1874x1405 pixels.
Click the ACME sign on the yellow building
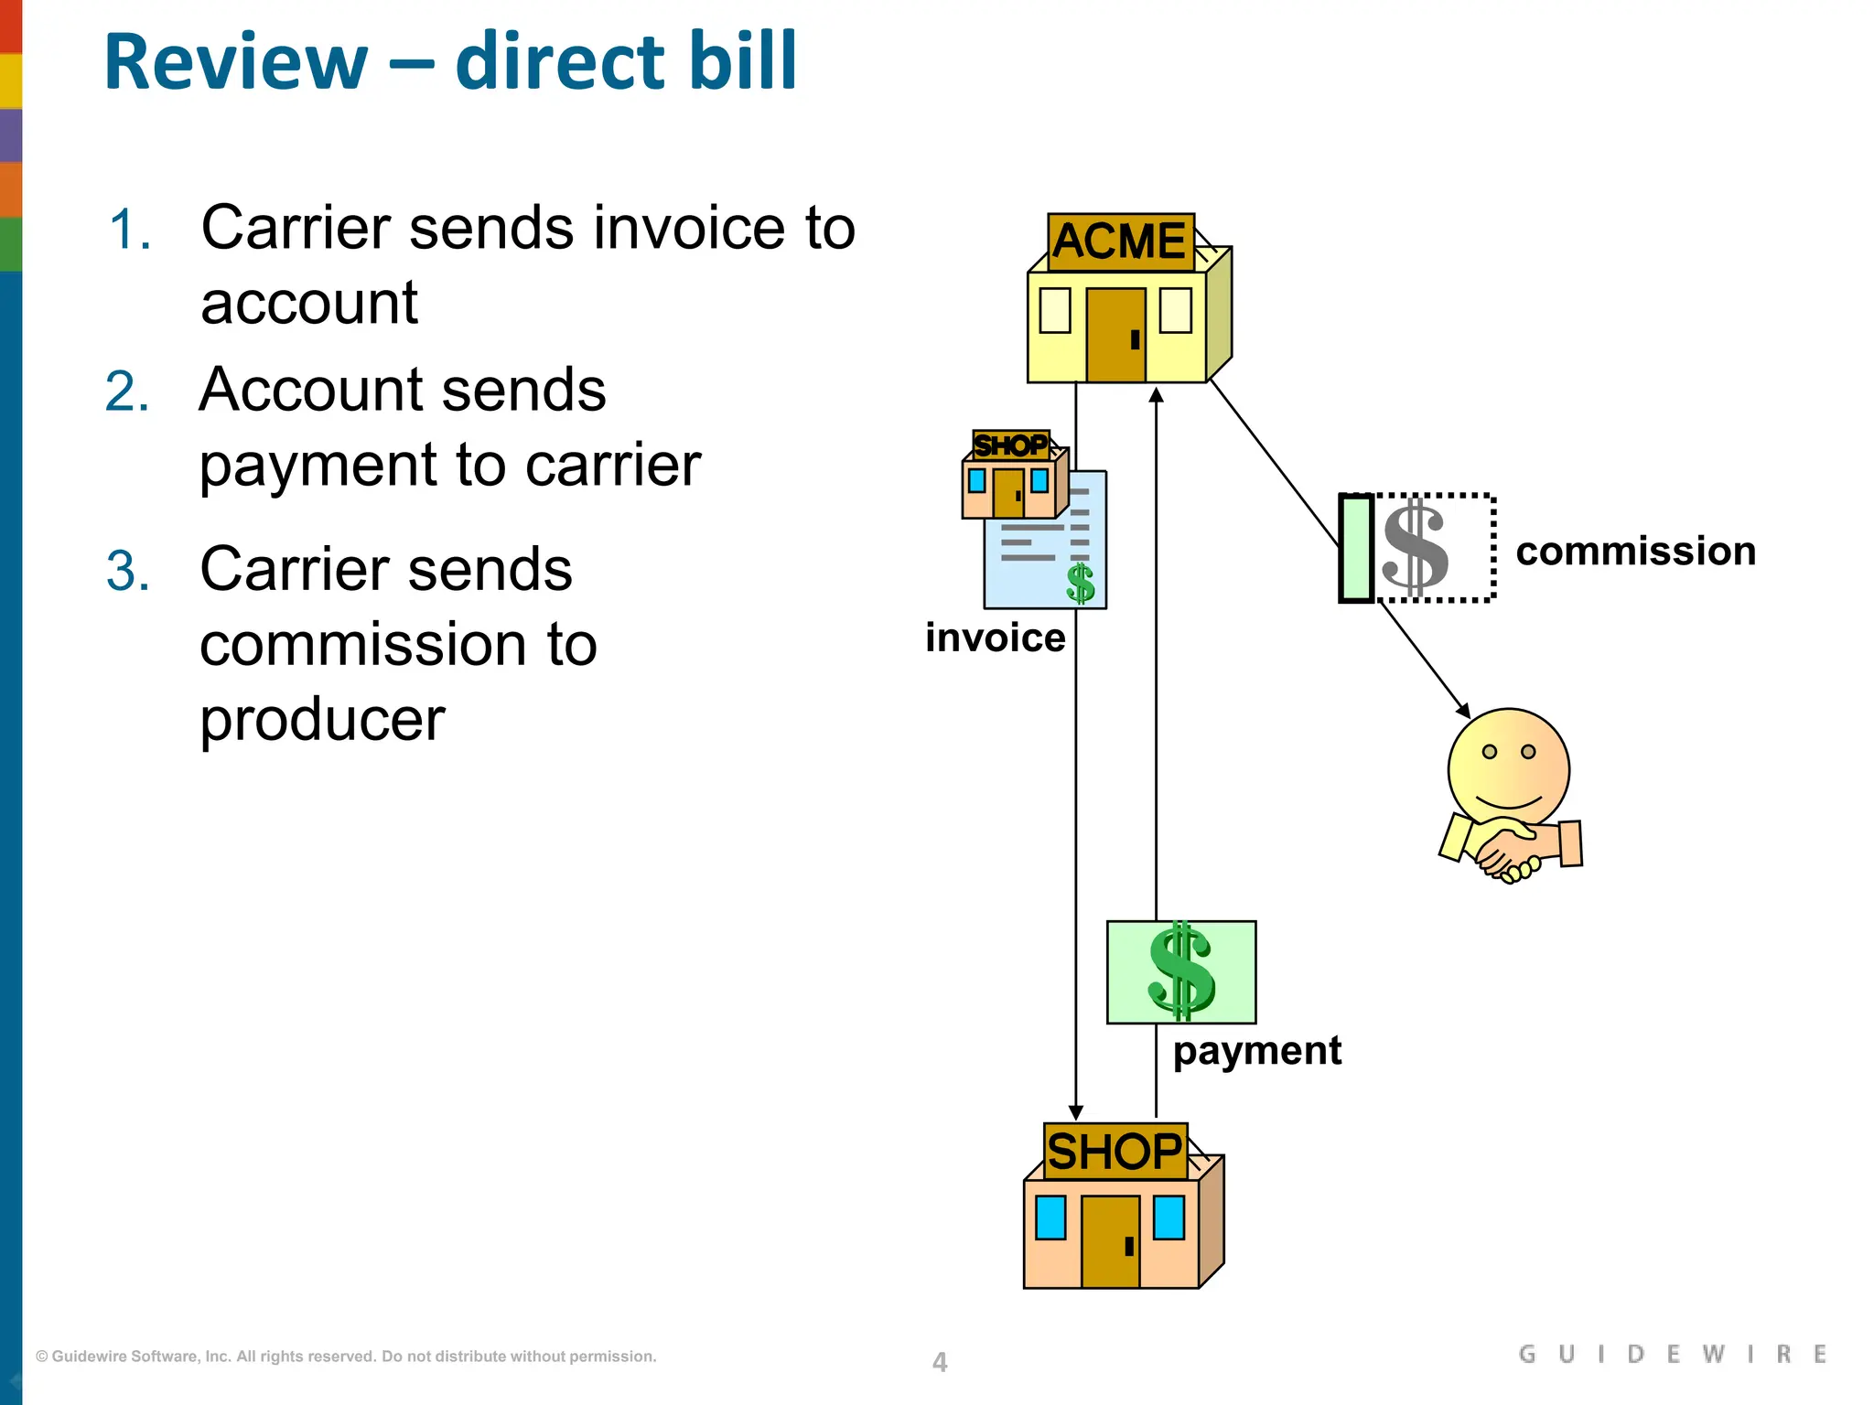click(1120, 242)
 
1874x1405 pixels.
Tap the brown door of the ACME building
click(1115, 335)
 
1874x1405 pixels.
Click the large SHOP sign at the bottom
click(1115, 1152)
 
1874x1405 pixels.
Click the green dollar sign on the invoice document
click(1081, 584)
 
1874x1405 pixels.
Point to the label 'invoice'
click(995, 638)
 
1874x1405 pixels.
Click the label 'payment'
click(1256, 1051)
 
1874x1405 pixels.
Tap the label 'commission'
click(1635, 552)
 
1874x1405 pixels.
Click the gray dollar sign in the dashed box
click(1415, 547)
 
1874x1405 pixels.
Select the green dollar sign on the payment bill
click(1180, 971)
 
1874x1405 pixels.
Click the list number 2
click(127, 391)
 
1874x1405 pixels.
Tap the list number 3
click(127, 572)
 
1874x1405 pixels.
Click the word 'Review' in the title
click(236, 62)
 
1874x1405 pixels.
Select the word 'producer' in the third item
click(322, 720)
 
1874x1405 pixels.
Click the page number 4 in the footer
click(940, 1362)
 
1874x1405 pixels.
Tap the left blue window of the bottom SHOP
click(1050, 1217)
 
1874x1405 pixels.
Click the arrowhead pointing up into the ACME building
click(1156, 395)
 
